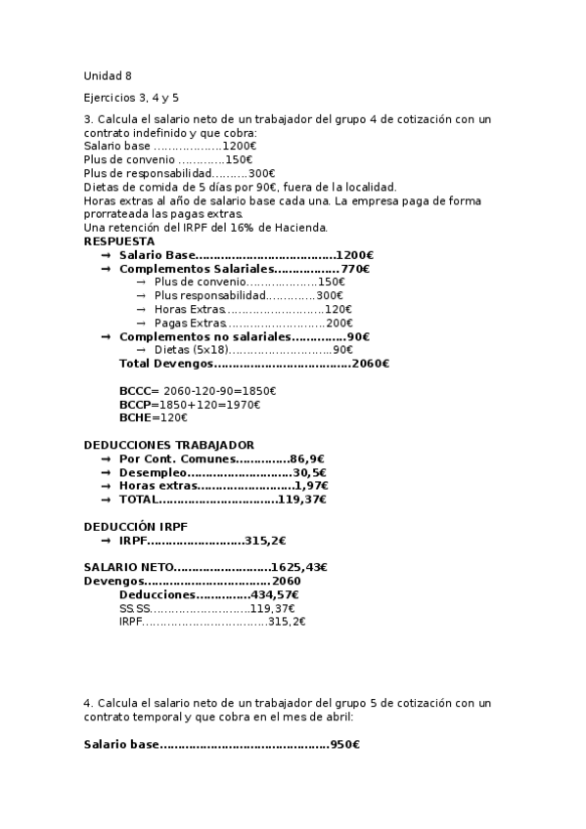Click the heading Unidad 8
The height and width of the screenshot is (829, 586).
(108, 76)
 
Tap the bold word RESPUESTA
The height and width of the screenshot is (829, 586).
(118, 240)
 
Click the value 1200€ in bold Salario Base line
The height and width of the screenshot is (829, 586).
(355, 254)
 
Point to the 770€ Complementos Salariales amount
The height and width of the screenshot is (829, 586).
(355, 268)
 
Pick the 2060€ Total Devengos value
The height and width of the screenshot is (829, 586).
(370, 364)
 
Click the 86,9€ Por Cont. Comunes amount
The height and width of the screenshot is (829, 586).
(307, 458)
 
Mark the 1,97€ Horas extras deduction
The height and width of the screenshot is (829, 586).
(311, 486)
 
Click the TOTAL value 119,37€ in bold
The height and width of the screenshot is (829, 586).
(302, 500)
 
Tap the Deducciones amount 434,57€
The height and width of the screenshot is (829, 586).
(275, 594)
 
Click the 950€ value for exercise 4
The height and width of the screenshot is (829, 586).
(344, 745)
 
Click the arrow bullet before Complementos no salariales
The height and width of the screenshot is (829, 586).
(105, 336)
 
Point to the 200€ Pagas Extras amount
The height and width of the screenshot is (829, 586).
(339, 323)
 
